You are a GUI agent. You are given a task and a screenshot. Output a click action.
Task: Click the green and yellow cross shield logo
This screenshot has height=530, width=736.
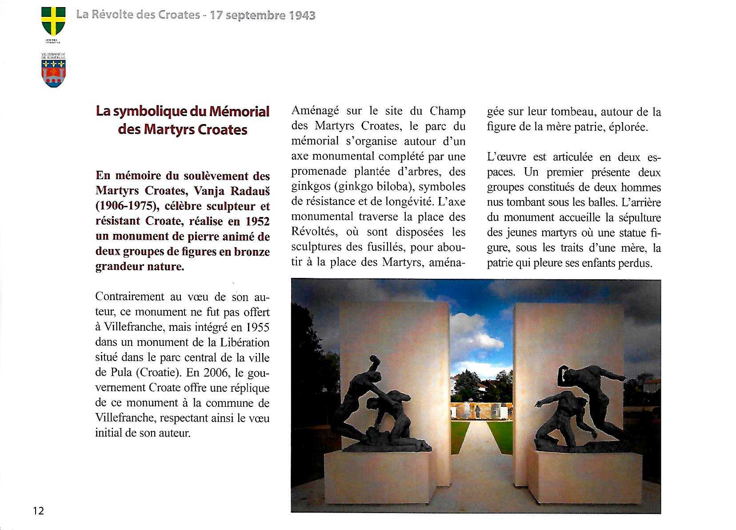(x=53, y=21)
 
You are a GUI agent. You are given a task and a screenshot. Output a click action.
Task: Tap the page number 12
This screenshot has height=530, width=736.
(x=39, y=510)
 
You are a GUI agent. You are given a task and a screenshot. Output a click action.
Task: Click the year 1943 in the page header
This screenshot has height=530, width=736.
(x=302, y=15)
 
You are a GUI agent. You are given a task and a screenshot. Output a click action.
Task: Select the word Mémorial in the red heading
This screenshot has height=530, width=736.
(x=239, y=111)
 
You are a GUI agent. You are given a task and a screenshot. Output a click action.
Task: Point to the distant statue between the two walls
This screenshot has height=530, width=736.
(x=477, y=412)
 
